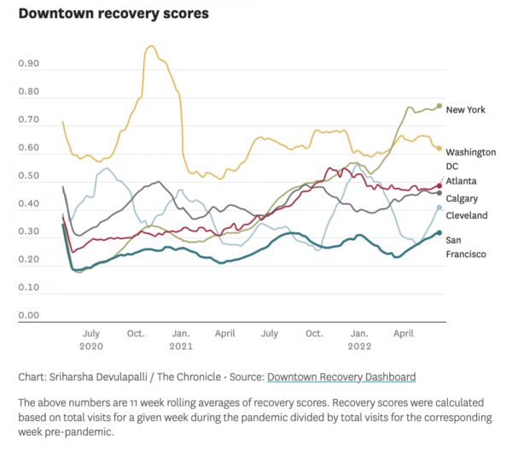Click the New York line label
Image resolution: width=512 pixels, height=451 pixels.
(x=467, y=109)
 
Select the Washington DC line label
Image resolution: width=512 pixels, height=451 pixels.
(x=470, y=159)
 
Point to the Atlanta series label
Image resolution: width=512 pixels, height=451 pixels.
(x=461, y=181)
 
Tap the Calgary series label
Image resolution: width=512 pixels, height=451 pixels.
(x=462, y=198)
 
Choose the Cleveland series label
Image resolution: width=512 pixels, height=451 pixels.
(x=467, y=215)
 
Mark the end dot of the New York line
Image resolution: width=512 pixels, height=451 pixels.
(x=439, y=106)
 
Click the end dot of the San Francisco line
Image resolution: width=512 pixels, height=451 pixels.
(x=439, y=232)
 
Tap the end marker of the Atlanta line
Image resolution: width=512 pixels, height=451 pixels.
(x=439, y=185)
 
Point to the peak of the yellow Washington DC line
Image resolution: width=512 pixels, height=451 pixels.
(x=151, y=47)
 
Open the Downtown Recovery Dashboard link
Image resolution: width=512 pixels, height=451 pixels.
(x=341, y=376)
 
